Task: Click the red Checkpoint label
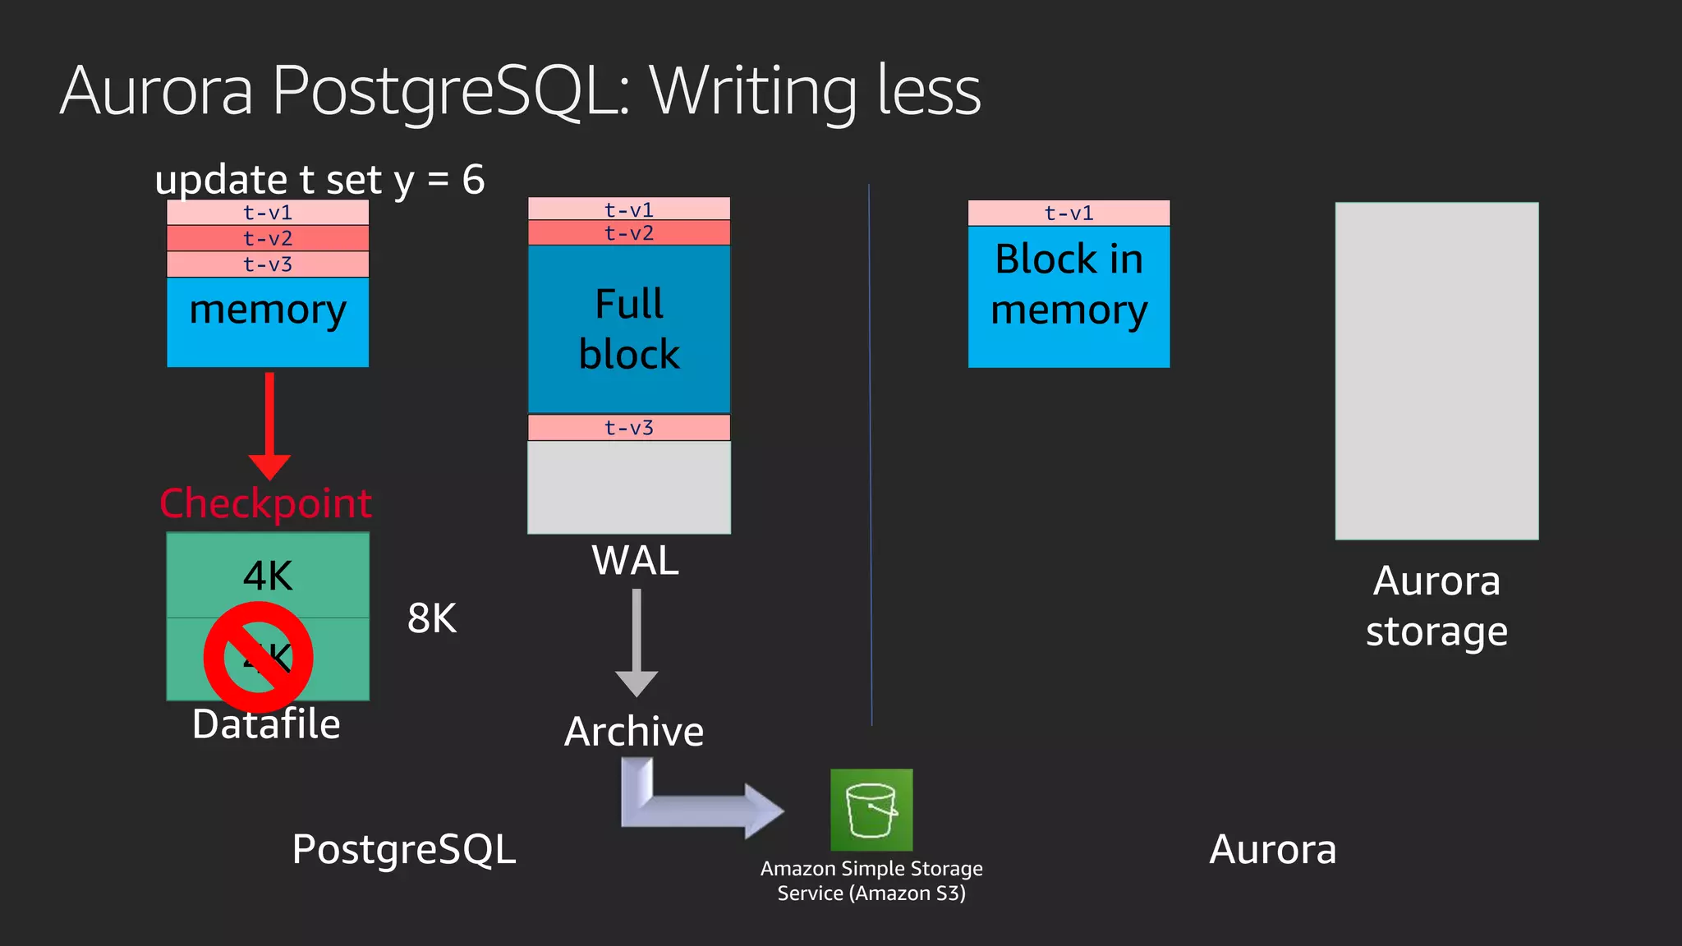pos(265,503)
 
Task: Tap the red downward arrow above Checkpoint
pos(269,426)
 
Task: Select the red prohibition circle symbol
pos(259,657)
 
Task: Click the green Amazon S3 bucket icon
pos(871,810)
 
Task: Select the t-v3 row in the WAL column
pos(629,428)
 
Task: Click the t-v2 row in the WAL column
pos(629,233)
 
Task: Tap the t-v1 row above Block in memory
pos(1068,214)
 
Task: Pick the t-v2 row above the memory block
pos(268,238)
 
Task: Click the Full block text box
pos(629,329)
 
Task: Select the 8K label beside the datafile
pos(432,618)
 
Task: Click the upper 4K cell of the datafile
pos(268,575)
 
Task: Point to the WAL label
pos(635,561)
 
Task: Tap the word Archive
pos(634,731)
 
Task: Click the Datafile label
pos(266,724)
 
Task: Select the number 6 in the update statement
pos(474,180)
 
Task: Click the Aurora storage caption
pos(1436,606)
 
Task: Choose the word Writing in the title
pos(753,91)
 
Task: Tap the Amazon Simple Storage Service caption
pos(871,880)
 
